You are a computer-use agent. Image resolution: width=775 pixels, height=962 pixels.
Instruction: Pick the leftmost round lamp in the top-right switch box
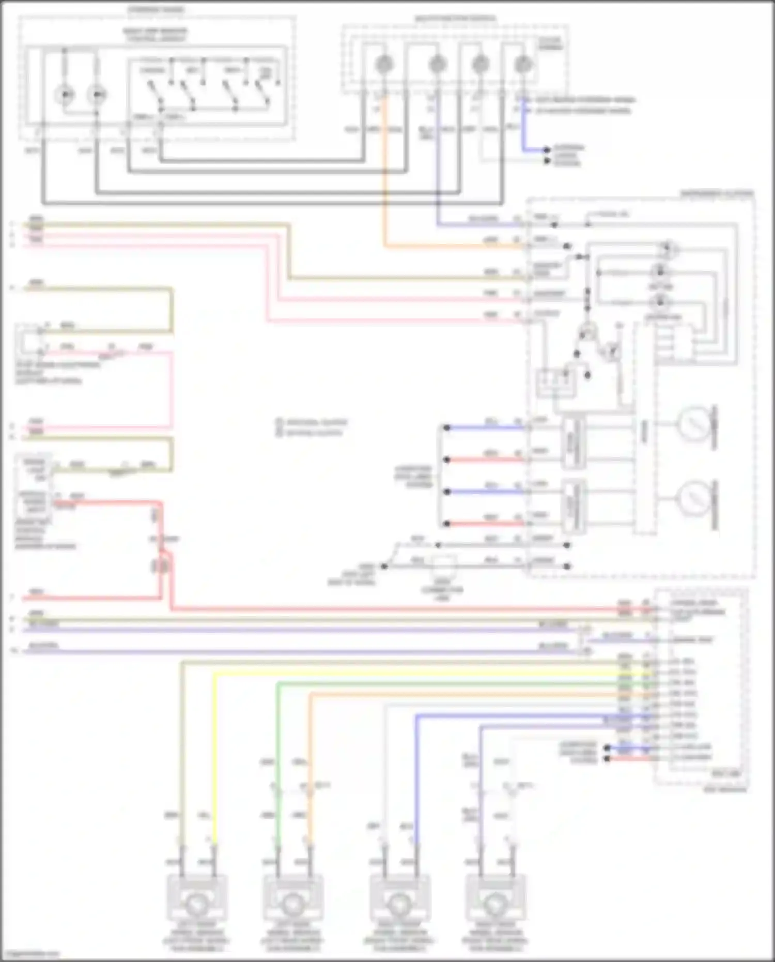(x=383, y=65)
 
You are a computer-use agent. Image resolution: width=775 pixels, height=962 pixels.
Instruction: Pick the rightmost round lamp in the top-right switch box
(x=523, y=65)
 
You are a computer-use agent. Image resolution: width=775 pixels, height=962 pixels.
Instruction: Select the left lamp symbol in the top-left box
(x=65, y=95)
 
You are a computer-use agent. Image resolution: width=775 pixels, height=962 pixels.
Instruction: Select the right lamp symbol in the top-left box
(x=97, y=95)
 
